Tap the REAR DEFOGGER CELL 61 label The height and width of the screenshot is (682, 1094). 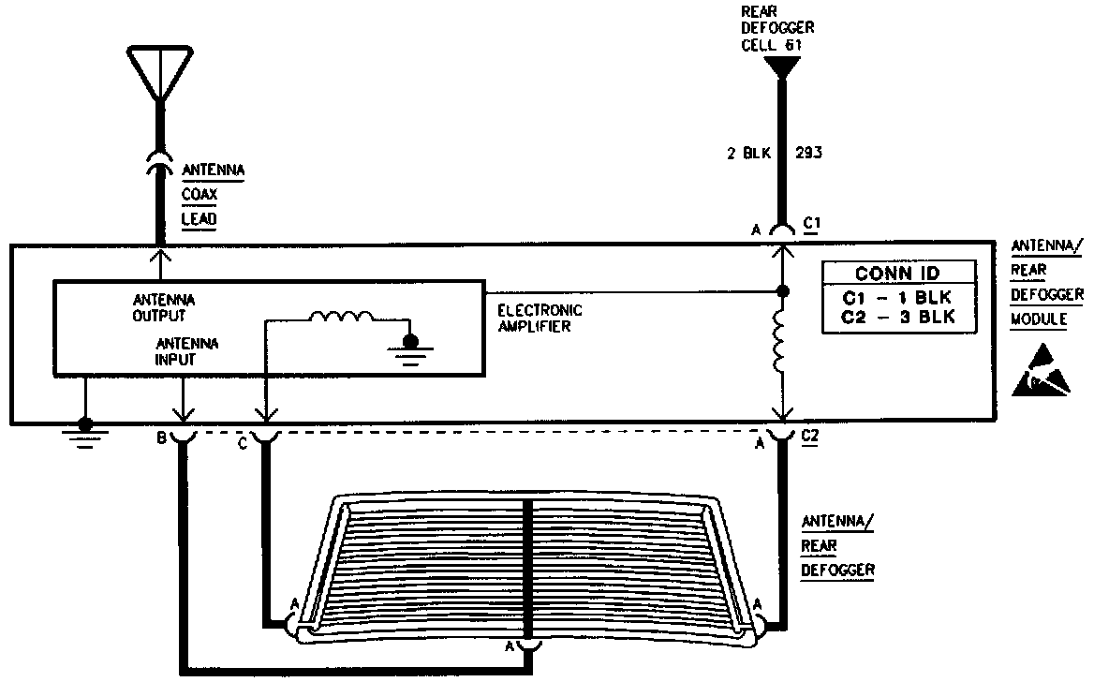click(777, 28)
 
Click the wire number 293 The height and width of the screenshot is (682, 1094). click(808, 154)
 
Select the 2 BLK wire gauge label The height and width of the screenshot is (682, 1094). click(748, 154)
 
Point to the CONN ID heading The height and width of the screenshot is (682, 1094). click(898, 274)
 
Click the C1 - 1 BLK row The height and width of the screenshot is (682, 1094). click(898, 300)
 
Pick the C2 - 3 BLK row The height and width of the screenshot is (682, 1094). click(898, 319)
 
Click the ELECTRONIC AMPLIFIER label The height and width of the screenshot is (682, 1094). click(540, 319)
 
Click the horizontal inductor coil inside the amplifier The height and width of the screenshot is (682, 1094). click(341, 319)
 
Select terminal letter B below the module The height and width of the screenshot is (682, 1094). click(162, 437)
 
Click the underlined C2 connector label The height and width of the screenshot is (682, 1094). click(811, 437)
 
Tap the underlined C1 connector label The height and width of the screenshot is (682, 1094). click(811, 224)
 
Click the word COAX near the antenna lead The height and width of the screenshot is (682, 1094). click(199, 196)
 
